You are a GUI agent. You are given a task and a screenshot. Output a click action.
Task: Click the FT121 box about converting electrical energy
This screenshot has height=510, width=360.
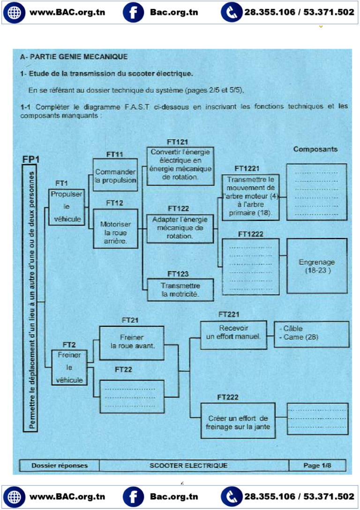coord(180,165)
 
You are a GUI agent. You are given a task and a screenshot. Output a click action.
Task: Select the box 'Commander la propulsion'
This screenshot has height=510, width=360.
coord(115,175)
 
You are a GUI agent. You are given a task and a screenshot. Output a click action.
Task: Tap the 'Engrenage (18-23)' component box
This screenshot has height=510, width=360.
coord(316,266)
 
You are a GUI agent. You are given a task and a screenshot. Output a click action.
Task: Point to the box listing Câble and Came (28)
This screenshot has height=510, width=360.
coord(311,334)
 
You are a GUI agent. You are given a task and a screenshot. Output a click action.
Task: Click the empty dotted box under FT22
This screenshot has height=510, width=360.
coord(132,396)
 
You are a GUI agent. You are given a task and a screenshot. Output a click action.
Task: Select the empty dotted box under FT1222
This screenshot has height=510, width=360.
coord(250,266)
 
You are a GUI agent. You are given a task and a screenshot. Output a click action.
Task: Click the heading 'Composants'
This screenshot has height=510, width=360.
coord(315,149)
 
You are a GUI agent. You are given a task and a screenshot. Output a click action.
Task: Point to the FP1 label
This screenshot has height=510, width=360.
coord(31,159)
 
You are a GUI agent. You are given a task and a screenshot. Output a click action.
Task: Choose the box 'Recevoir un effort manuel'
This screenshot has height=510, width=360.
coord(233,335)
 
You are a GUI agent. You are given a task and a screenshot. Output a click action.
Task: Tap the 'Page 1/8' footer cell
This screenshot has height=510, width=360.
coord(317,465)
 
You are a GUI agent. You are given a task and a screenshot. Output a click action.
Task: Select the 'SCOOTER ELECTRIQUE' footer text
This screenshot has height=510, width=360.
coord(188,465)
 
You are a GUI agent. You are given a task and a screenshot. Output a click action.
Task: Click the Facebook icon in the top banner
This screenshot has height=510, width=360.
coord(133,12)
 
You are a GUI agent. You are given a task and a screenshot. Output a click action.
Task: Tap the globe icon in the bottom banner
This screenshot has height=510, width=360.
coord(13,497)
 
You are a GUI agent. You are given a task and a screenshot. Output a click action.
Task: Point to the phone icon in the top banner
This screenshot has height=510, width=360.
coord(232,12)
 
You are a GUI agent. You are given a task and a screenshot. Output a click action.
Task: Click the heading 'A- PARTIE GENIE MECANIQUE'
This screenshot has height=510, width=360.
coord(74,57)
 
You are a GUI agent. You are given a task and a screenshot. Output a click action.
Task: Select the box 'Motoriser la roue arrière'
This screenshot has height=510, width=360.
coord(115,228)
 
